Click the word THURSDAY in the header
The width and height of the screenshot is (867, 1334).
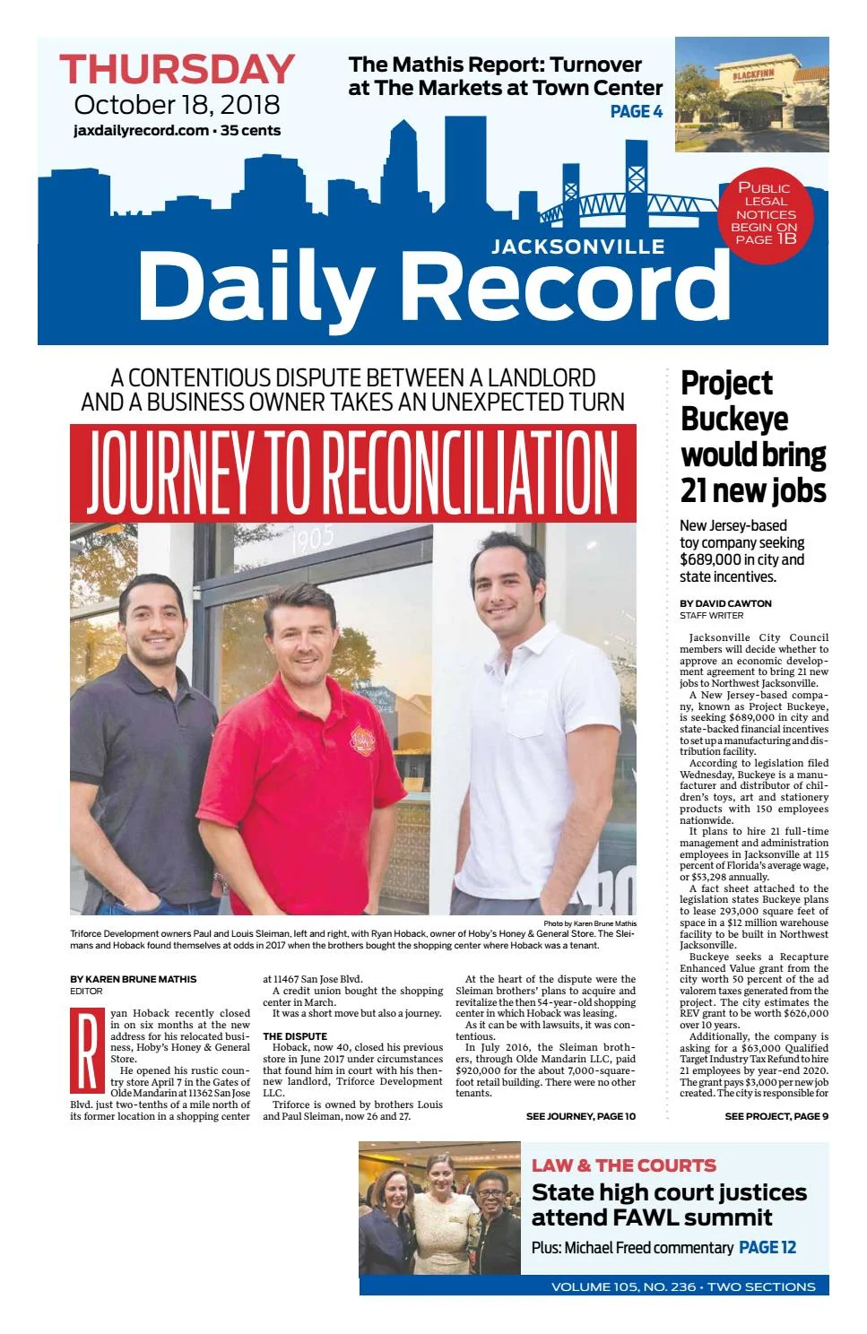click(177, 70)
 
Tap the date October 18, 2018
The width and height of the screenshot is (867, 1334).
click(177, 105)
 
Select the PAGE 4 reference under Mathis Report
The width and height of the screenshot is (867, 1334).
click(636, 111)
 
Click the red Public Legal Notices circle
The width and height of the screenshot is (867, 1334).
click(766, 212)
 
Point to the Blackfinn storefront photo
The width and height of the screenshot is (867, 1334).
click(751, 94)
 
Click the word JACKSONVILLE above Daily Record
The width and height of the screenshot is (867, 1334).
click(578, 247)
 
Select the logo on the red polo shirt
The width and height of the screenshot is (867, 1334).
click(360, 723)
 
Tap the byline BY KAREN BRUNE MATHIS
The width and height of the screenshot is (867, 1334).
click(133, 979)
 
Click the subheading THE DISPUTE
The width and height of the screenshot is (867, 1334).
click(294, 1036)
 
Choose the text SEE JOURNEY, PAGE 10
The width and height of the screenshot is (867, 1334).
click(580, 1116)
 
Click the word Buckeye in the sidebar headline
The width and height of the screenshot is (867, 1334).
click(734, 420)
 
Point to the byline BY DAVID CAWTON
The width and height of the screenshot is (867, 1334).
click(725, 603)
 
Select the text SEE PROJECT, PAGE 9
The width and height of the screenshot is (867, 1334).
click(776, 1116)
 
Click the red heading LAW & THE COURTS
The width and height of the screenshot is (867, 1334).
click(623, 1165)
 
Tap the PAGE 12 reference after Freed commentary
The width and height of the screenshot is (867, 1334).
click(767, 1247)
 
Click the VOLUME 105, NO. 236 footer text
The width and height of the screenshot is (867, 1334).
click(623, 1286)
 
